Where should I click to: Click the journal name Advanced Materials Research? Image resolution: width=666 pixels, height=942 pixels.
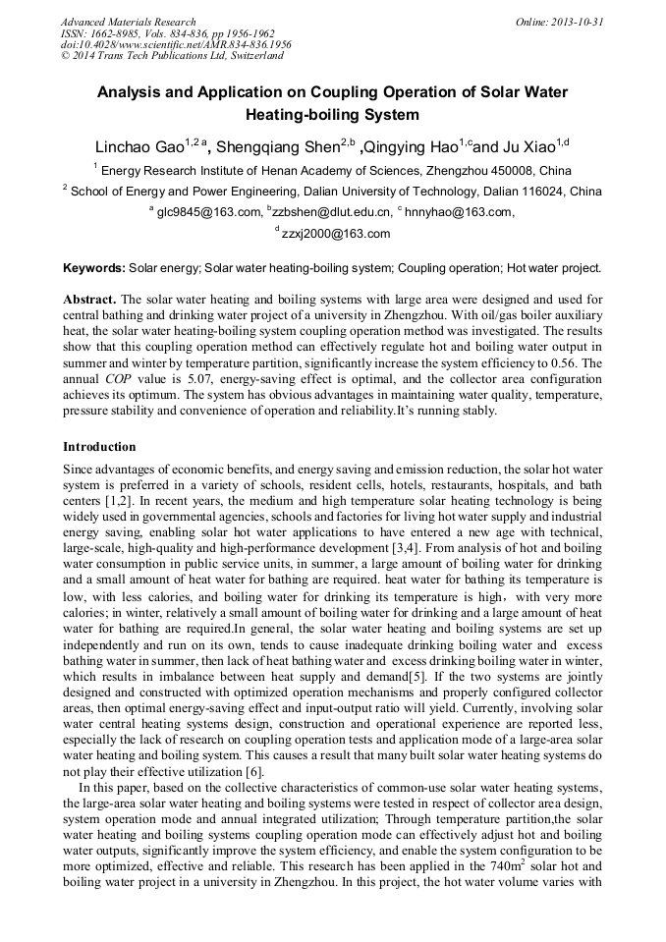[x=128, y=22]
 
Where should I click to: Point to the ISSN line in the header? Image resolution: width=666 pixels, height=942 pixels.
[x=167, y=33]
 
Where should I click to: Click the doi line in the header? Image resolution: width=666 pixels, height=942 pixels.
[x=176, y=45]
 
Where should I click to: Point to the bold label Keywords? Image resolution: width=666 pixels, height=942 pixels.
[x=94, y=267]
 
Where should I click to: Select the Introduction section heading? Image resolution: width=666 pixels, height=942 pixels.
[x=99, y=447]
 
